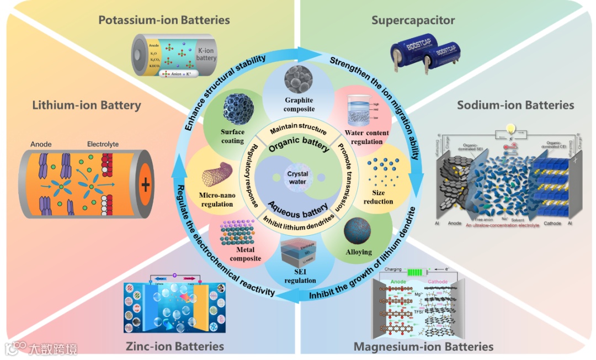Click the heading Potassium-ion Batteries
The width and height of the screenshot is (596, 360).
164,20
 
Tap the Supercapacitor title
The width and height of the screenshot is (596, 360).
413,20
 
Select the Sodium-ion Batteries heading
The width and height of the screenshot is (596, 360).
515,105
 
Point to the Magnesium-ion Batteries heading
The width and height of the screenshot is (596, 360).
423,347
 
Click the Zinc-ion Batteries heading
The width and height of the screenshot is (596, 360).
174,347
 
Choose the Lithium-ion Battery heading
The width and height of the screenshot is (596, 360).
86,105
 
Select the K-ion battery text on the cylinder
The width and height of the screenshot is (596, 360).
207,54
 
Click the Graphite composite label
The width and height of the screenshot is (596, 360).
299,104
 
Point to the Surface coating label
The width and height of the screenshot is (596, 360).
232,136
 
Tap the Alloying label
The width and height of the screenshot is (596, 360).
358,252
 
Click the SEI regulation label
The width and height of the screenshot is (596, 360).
300,277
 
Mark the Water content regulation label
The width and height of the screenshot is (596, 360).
366,137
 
